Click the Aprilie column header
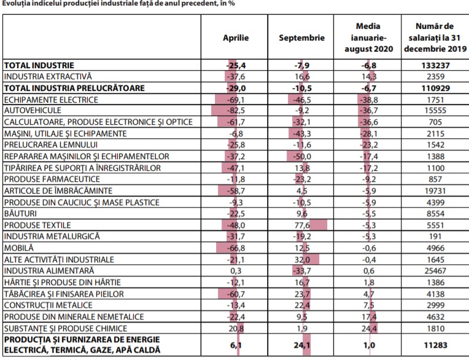point(236,38)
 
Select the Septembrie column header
point(301,38)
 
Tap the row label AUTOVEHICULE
point(33,111)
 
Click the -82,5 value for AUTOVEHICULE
point(236,111)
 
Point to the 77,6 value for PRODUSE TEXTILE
point(302,225)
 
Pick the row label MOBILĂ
point(19,248)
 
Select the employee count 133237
point(435,65)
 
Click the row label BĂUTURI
point(20,213)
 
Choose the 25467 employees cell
point(435,271)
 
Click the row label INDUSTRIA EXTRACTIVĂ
point(48,76)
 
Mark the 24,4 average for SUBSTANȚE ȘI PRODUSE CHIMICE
point(369,329)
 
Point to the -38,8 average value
point(368,100)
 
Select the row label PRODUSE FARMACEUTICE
point(52,179)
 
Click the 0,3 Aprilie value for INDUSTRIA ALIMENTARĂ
point(236,271)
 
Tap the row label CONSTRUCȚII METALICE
point(48,305)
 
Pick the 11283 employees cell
point(435,345)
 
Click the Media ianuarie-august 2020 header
point(368,37)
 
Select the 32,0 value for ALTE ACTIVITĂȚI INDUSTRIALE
point(302,259)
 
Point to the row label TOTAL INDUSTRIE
point(39,65)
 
